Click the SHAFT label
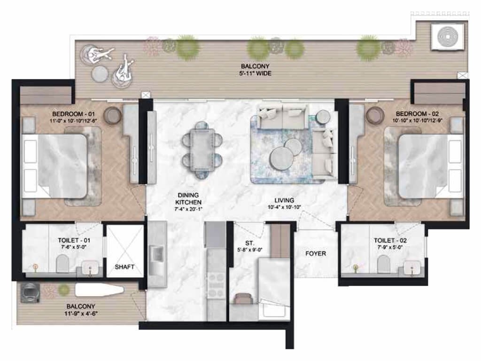pyautogui.click(x=124, y=267)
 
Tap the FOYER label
pyautogui.click(x=315, y=254)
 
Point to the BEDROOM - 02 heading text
pyautogui.click(x=417, y=114)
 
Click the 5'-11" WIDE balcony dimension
pyautogui.click(x=255, y=73)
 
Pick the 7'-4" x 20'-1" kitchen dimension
pyautogui.click(x=188, y=209)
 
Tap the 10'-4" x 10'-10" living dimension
pyautogui.click(x=284, y=207)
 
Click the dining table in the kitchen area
pyautogui.click(x=202, y=150)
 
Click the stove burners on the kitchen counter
pyautogui.click(x=215, y=285)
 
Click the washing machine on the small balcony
pyautogui.click(x=31, y=293)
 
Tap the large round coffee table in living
pyautogui.click(x=282, y=158)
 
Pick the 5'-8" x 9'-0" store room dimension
pyautogui.click(x=250, y=250)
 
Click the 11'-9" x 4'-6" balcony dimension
pyautogui.click(x=81, y=314)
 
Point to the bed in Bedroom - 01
pyautogui.click(x=54, y=166)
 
